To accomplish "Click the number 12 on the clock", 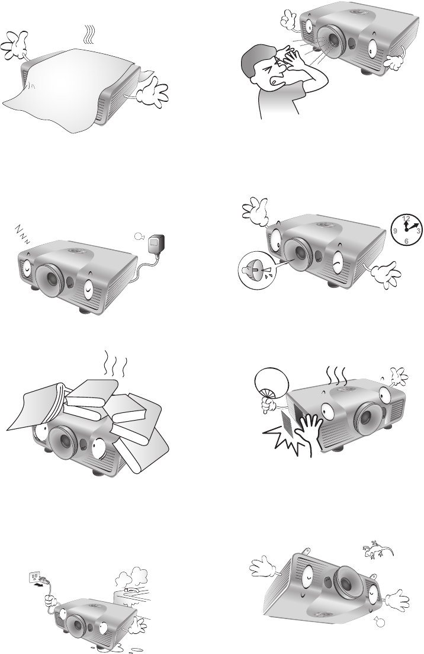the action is pos(406,218).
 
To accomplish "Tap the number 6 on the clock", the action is pos(406,241).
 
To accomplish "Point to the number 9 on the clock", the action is pos(395,230).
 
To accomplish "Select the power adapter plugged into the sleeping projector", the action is pos(157,243).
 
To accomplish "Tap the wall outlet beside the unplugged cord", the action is pos(34,577).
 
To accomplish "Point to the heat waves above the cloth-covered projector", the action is pos(88,35).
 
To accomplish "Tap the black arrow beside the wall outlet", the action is pos(39,585).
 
